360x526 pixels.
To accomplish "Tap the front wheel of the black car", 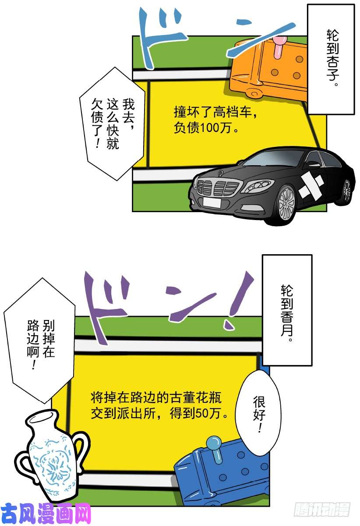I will [287, 203].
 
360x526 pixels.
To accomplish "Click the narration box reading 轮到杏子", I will [331, 59].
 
